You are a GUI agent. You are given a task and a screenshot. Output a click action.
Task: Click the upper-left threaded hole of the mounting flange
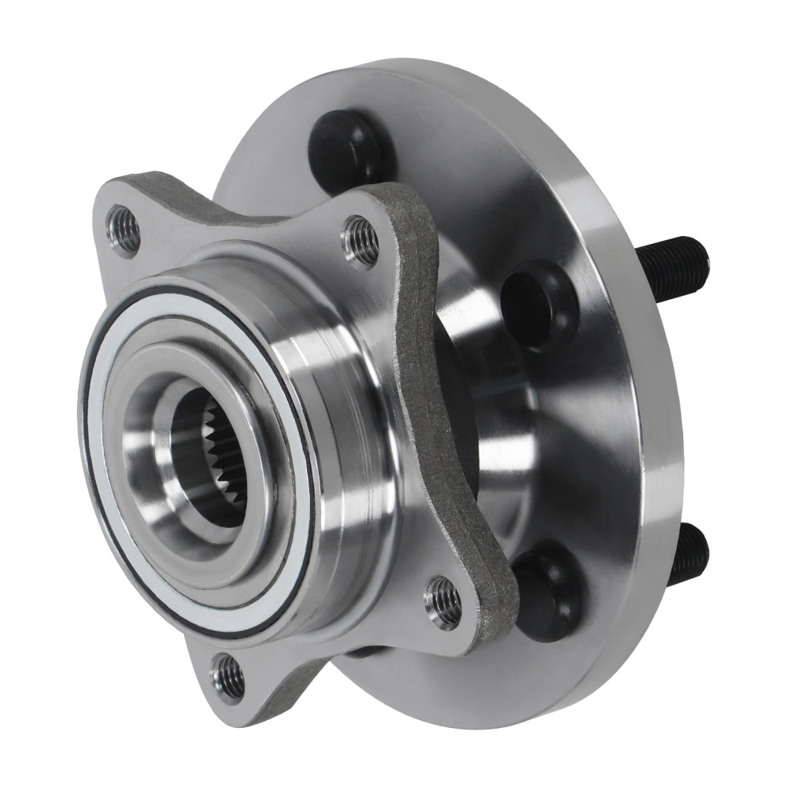point(124,228)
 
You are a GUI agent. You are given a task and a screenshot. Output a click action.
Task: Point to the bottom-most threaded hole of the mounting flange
point(228,675)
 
